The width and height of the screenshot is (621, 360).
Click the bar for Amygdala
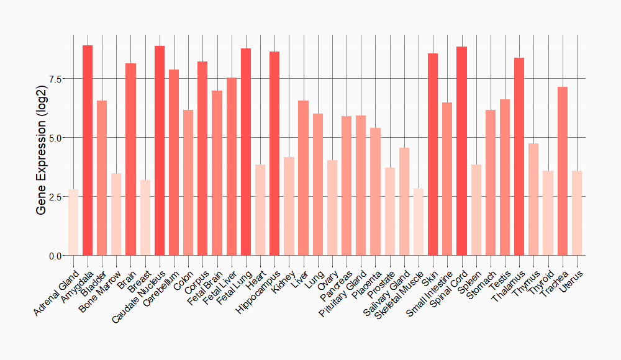click(x=88, y=150)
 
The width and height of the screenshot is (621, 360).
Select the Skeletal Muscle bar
click(x=419, y=222)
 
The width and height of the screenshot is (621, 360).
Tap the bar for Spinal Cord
click(x=461, y=151)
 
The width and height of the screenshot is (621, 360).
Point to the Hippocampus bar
click(x=274, y=153)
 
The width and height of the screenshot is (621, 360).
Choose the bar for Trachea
click(x=563, y=171)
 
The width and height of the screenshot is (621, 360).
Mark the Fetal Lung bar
click(x=246, y=152)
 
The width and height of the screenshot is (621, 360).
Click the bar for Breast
click(x=145, y=218)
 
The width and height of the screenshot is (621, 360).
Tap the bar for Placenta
click(x=375, y=192)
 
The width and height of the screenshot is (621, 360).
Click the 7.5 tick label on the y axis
click(x=54, y=79)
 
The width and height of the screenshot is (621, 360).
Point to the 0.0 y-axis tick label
click(x=54, y=256)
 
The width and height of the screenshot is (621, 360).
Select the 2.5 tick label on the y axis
click(x=54, y=197)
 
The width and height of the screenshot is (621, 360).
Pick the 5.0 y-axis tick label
click(x=54, y=138)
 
